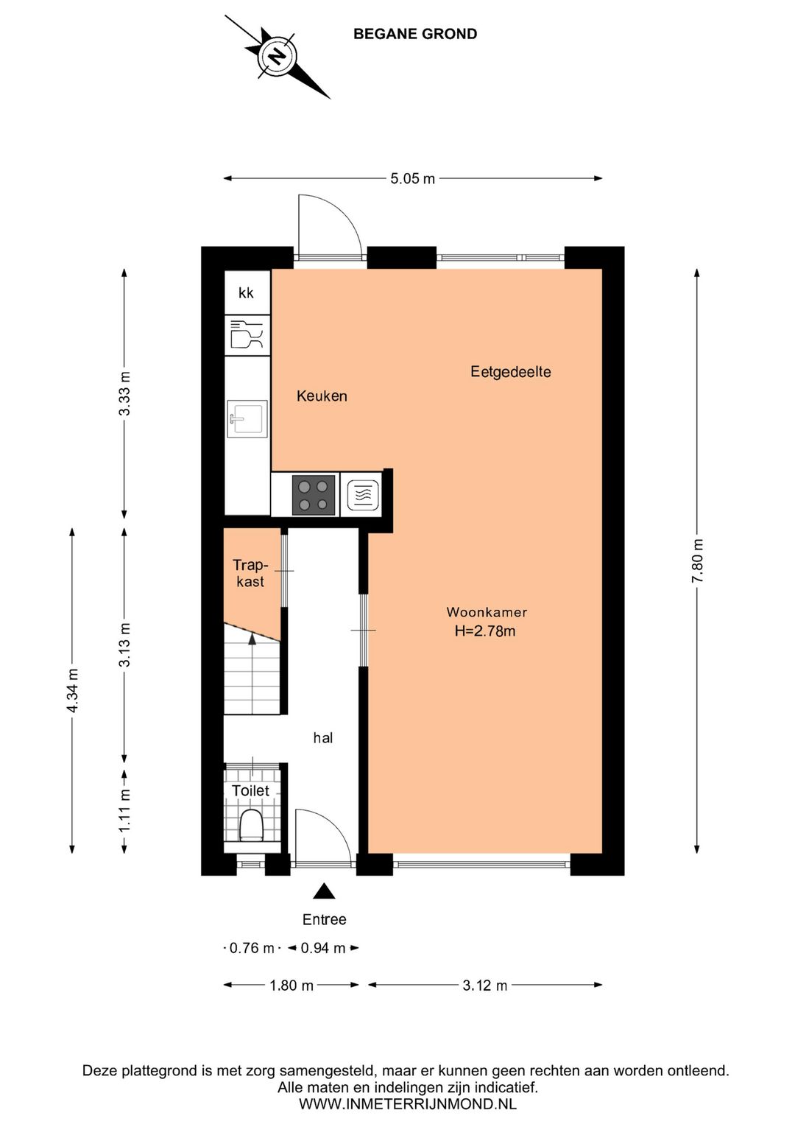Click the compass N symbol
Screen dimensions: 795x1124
277,56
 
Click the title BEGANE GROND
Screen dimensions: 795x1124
415,34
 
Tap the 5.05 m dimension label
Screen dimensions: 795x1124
412,178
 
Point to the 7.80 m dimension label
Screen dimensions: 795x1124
697,560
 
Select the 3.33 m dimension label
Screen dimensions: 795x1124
124,393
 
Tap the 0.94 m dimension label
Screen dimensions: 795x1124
323,948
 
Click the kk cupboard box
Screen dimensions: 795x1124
247,292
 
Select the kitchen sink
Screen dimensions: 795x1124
247,418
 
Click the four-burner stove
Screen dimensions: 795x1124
314,495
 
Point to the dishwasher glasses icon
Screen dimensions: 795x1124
247,334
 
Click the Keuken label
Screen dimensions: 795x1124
322,396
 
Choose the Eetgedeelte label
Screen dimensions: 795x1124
511,372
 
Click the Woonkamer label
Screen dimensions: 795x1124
487,612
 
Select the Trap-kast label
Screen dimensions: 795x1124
250,574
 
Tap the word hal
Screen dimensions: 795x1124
322,737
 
